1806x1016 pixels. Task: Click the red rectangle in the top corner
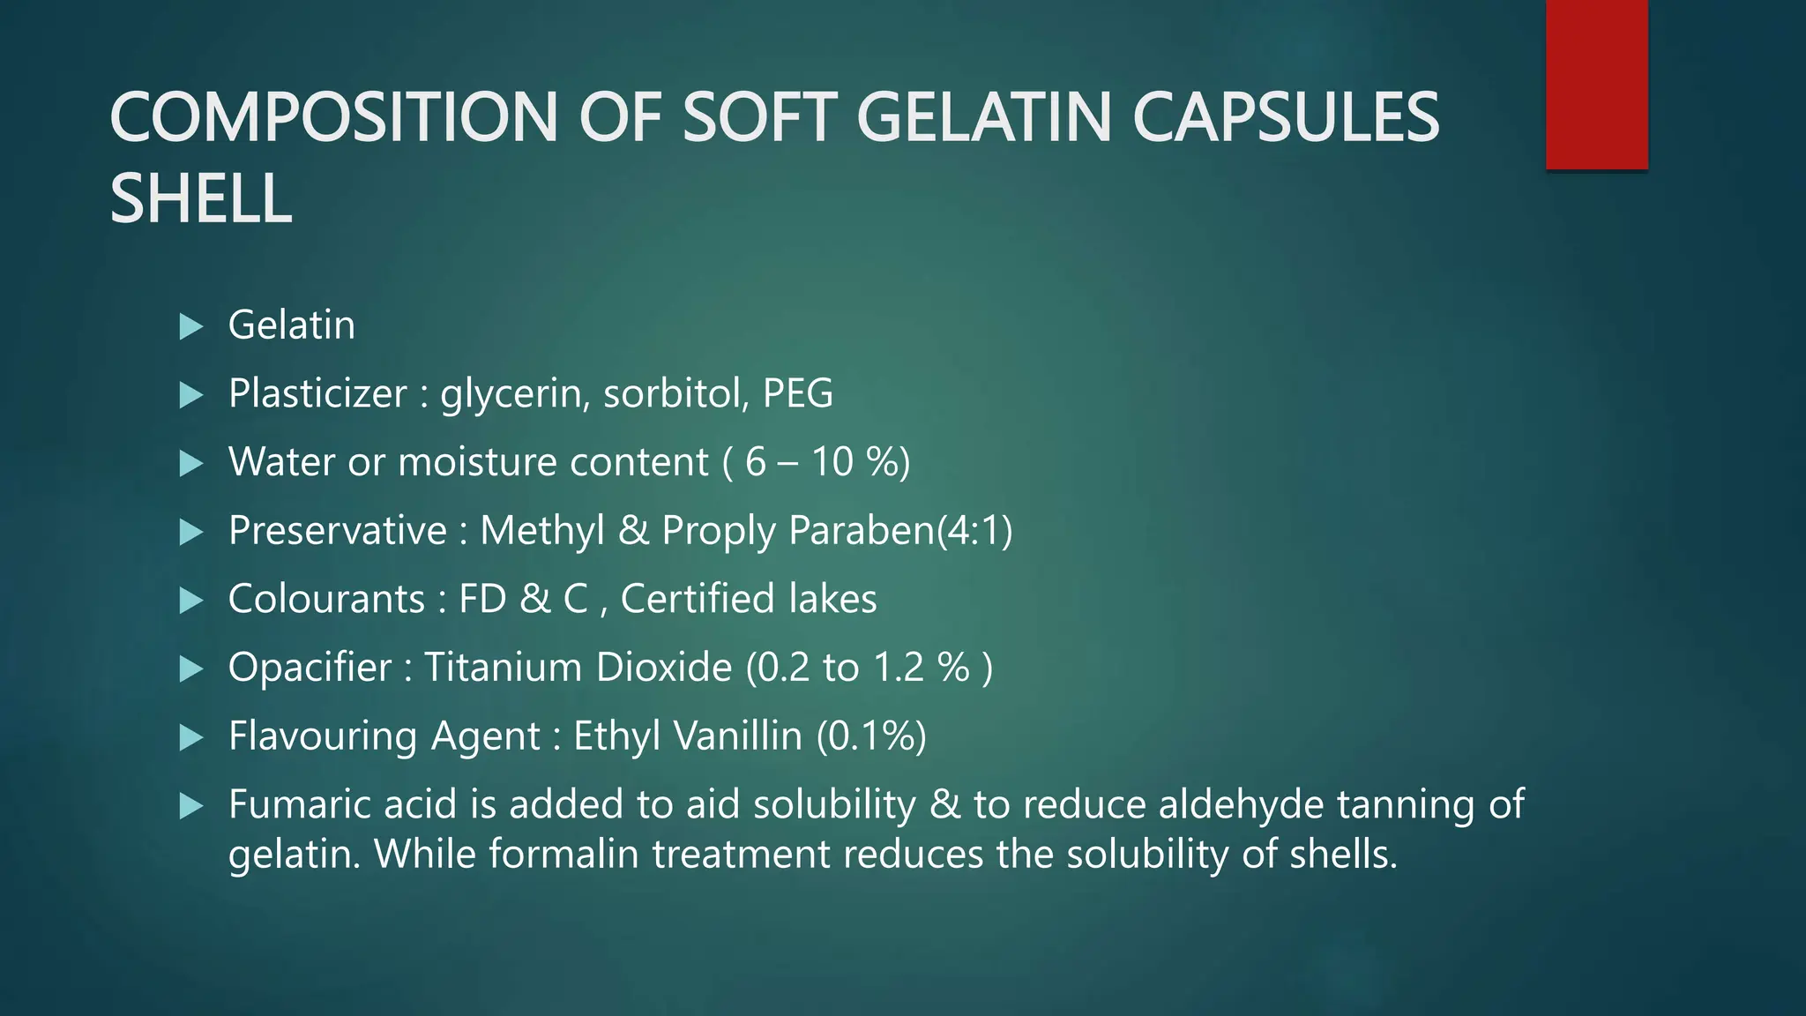tap(1596, 85)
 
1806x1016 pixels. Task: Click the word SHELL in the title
tap(201, 198)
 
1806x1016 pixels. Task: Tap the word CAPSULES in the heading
tap(1285, 117)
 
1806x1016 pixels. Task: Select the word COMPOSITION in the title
tap(333, 117)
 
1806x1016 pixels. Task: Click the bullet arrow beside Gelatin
tap(190, 327)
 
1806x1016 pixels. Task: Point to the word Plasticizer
tap(317, 393)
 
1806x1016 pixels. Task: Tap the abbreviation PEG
tap(797, 393)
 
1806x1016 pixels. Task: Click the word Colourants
tap(326, 599)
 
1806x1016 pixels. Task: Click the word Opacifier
tap(310, 668)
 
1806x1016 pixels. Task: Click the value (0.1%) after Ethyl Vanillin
tap(871, 736)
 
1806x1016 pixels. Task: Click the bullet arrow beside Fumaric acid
tap(190, 805)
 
